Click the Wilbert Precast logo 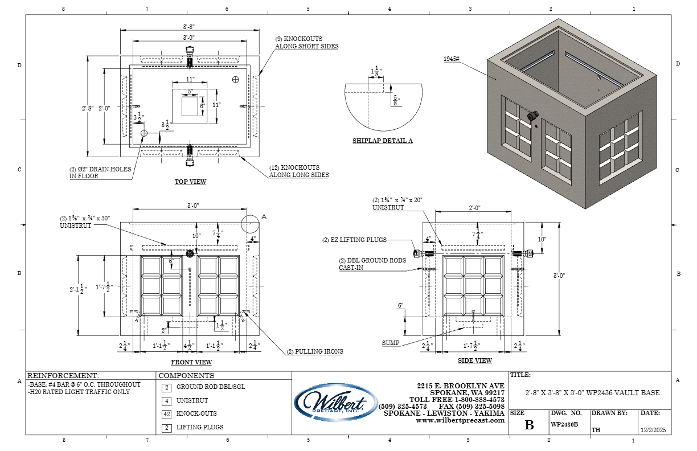pyautogui.click(x=336, y=403)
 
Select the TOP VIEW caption pyautogui.click(x=190, y=182)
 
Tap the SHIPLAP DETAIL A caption pyautogui.click(x=383, y=141)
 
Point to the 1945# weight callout pyautogui.click(x=452, y=59)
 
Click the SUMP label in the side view pyautogui.click(x=391, y=343)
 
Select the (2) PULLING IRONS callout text pyautogui.click(x=315, y=351)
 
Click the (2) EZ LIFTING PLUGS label pyautogui.click(x=354, y=240)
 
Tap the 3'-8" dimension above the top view pyautogui.click(x=189, y=27)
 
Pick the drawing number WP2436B pyautogui.click(x=564, y=424)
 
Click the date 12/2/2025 pyautogui.click(x=653, y=430)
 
